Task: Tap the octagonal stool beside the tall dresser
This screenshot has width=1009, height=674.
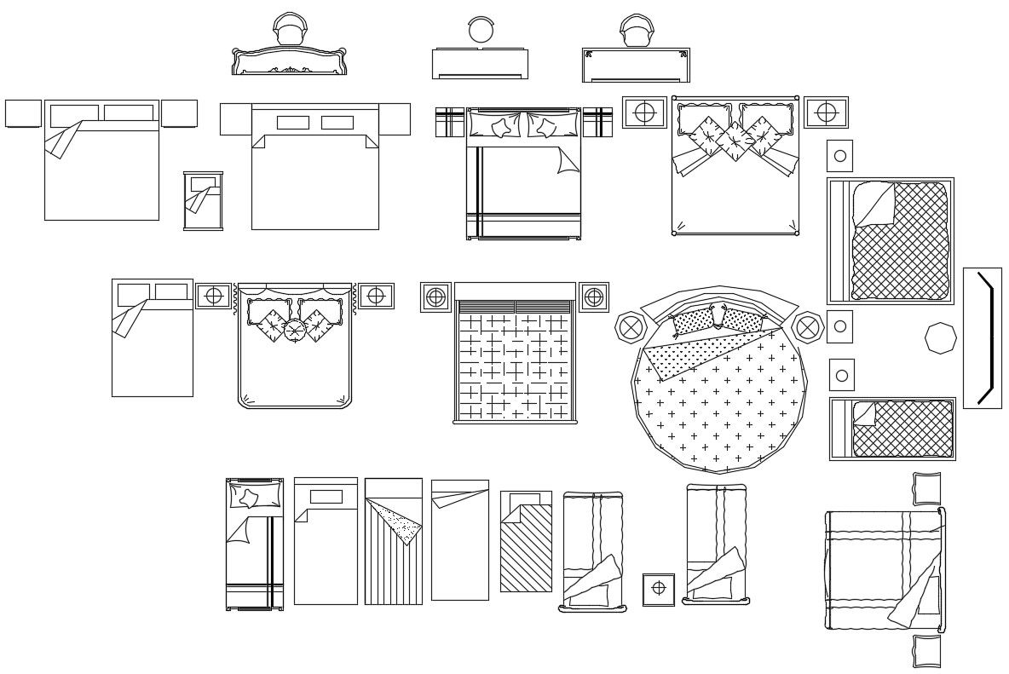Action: [941, 338]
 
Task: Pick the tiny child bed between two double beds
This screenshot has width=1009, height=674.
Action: [203, 200]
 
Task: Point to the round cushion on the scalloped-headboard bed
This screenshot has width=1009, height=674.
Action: [294, 330]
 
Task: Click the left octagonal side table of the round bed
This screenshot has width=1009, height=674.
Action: [631, 326]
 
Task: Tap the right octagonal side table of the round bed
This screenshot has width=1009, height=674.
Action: [807, 326]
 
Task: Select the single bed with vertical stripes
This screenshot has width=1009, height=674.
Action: [393, 542]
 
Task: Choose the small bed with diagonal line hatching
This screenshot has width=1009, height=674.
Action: [525, 542]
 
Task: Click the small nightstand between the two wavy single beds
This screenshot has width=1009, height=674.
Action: [658, 589]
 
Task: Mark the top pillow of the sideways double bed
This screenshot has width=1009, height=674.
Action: [927, 488]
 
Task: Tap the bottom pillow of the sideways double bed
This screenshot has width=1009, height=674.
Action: [927, 651]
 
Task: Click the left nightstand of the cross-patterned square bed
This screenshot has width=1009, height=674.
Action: [435, 297]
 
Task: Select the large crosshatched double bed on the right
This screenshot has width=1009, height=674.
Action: [890, 241]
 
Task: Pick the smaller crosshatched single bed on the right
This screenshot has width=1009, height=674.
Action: [891, 429]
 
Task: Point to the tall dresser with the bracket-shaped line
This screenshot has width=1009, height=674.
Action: [983, 338]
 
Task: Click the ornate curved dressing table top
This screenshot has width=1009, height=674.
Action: [289, 61]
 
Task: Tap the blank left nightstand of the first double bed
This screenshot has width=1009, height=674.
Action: [23, 113]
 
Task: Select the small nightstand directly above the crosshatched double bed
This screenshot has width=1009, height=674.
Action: [839, 155]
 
